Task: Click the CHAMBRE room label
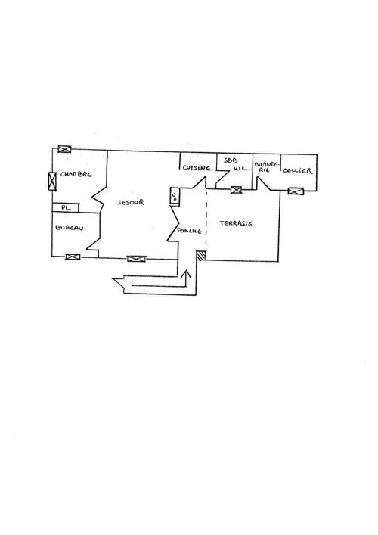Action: (x=76, y=174)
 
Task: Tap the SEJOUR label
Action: (x=131, y=202)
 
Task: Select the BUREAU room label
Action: (x=70, y=228)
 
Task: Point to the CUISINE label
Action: (x=197, y=167)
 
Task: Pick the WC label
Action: (x=241, y=168)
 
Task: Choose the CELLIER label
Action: (x=298, y=170)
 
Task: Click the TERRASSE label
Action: (x=236, y=223)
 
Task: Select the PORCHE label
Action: (x=190, y=231)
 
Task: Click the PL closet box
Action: (x=66, y=207)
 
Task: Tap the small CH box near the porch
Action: (x=175, y=196)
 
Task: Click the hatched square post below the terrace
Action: (x=202, y=255)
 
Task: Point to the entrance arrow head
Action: (x=186, y=273)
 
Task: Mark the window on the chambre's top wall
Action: (x=64, y=149)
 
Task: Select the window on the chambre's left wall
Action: (x=52, y=181)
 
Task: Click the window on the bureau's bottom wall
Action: (x=73, y=257)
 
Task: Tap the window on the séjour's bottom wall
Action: (x=136, y=259)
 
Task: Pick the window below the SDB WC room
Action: (x=236, y=190)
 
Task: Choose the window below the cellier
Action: (x=296, y=191)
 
